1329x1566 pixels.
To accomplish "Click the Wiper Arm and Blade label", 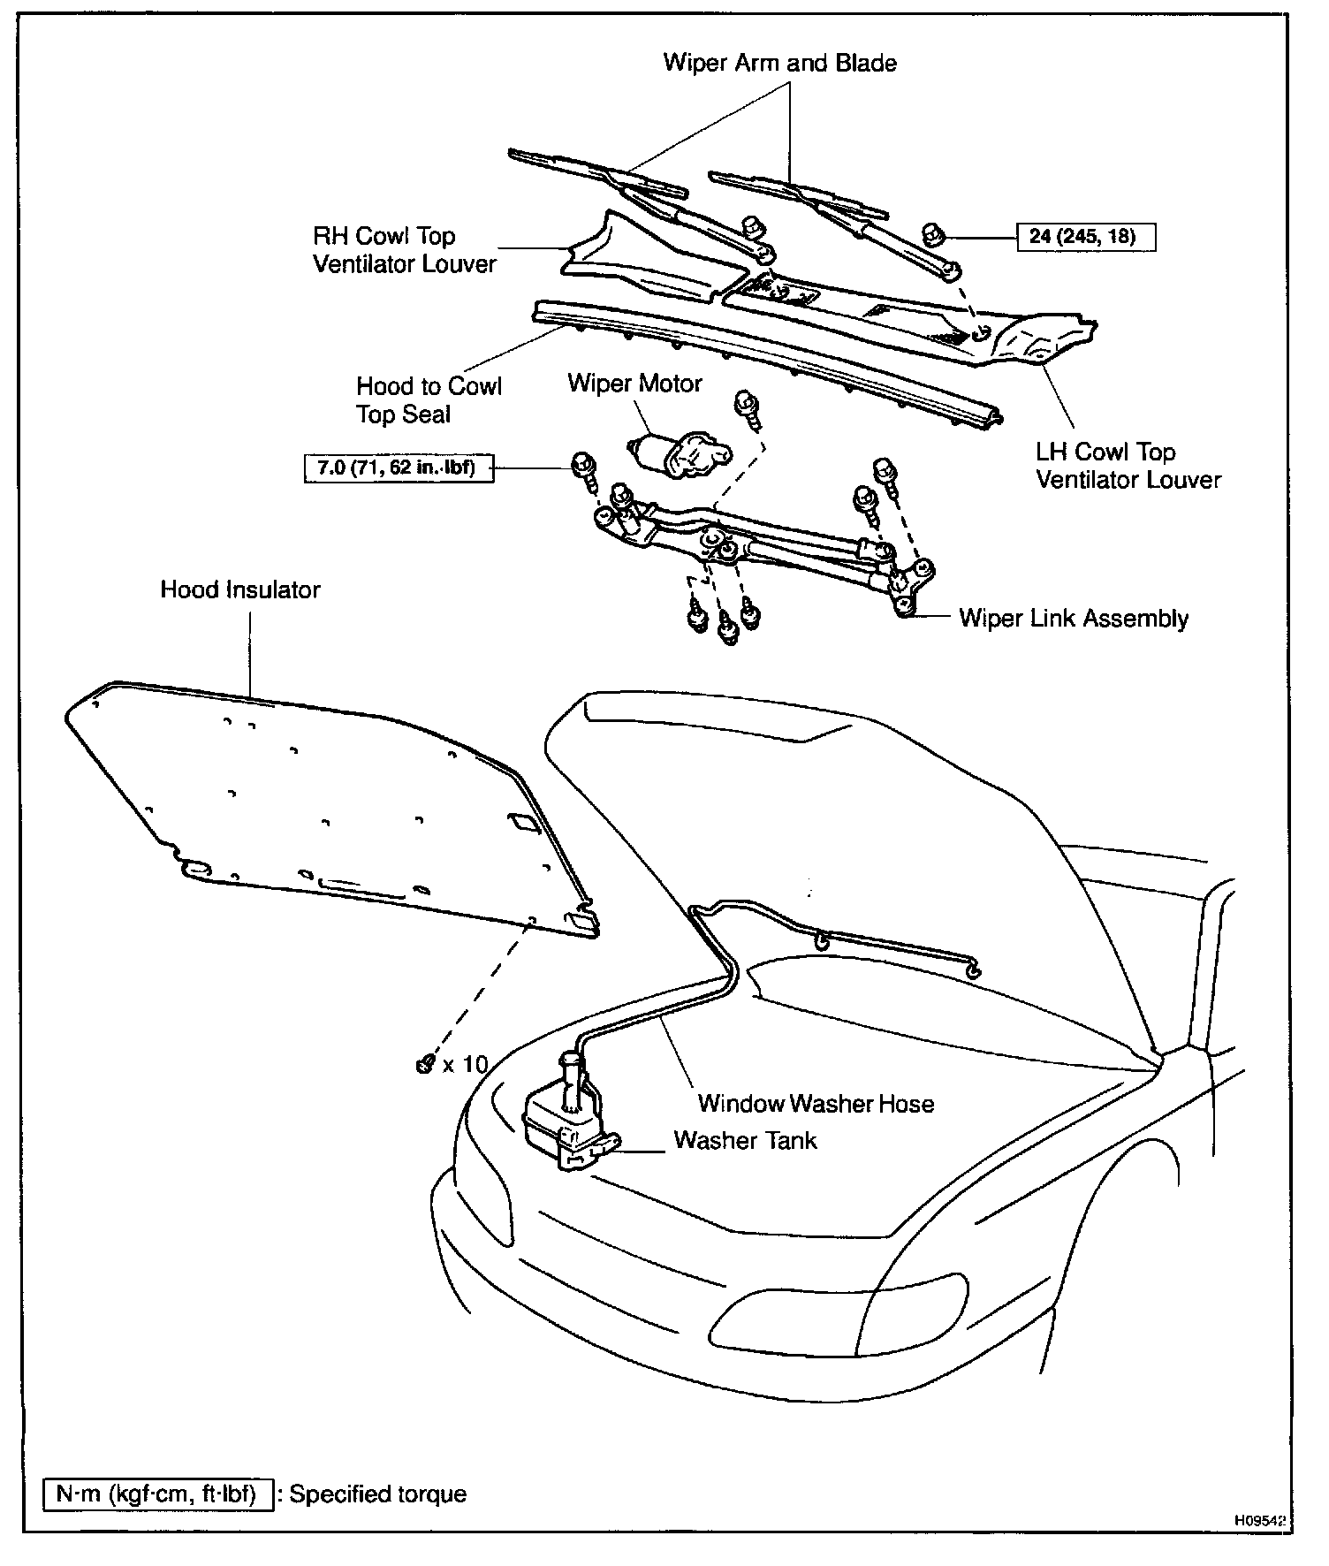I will [x=779, y=63].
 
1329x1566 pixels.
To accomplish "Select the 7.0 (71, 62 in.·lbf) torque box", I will [x=398, y=468].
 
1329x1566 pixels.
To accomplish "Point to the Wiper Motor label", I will [x=634, y=383].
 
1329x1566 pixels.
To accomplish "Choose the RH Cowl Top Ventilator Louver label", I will [x=405, y=250].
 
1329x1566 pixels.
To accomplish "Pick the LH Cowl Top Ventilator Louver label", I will [x=1128, y=466].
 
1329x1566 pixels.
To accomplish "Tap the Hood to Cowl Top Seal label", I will [x=429, y=400].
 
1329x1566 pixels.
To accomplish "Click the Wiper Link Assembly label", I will [x=1074, y=618].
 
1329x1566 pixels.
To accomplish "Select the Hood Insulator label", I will [x=240, y=589].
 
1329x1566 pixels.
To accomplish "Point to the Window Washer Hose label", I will [x=816, y=1103].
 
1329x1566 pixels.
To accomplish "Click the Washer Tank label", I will [x=745, y=1140].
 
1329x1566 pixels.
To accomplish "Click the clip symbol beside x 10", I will [x=424, y=1064].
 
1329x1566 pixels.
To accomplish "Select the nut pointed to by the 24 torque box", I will [x=932, y=235].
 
